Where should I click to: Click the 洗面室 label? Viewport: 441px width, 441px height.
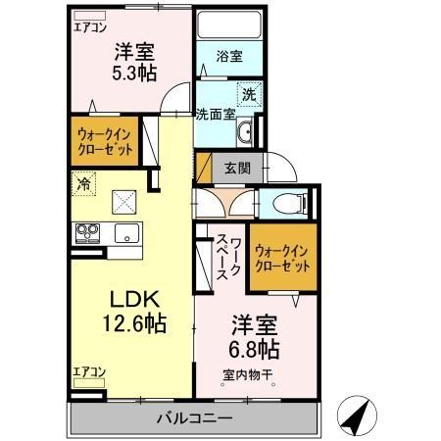tap(215, 114)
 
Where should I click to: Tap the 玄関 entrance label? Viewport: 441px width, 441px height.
tap(235, 168)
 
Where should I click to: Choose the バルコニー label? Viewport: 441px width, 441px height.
tap(194, 419)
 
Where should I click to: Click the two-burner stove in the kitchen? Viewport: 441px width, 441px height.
tap(86, 233)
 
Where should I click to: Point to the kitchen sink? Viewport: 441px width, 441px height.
tap(126, 233)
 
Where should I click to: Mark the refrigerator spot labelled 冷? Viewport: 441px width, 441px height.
tap(85, 182)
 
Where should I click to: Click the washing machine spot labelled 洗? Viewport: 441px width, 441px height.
tap(250, 95)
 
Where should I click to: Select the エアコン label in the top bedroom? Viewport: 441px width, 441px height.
tap(90, 27)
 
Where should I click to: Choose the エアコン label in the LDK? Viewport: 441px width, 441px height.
tap(89, 371)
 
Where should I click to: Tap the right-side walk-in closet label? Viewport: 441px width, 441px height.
tap(281, 256)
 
